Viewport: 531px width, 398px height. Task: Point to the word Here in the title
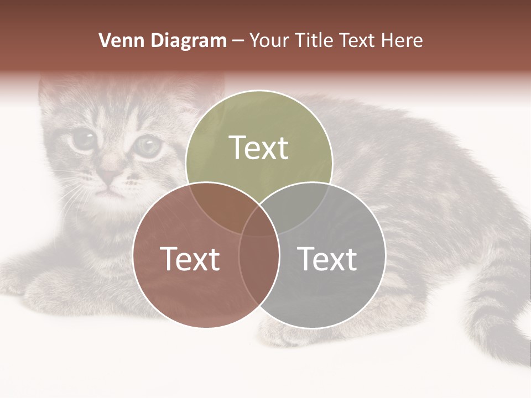tap(403, 40)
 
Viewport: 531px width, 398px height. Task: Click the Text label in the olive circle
tap(259, 148)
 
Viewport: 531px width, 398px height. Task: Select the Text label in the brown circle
tap(190, 259)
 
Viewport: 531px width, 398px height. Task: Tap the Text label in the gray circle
tap(327, 259)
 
